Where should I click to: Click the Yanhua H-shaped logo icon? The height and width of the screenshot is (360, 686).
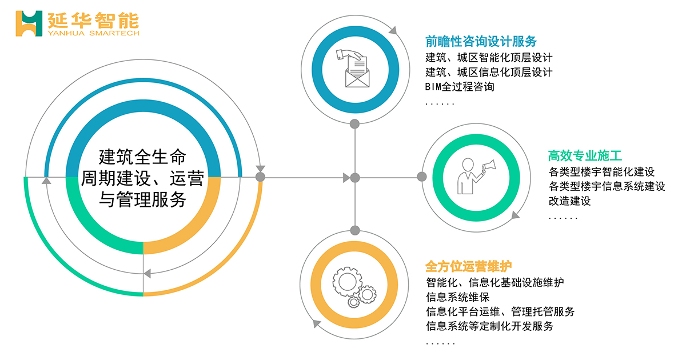point(29,23)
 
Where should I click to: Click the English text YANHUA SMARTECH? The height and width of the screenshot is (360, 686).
point(93,33)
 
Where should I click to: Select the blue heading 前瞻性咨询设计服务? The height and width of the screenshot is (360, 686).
point(481,41)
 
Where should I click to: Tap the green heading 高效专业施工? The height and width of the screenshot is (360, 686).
point(585,155)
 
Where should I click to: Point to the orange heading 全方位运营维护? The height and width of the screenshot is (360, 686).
point(469,266)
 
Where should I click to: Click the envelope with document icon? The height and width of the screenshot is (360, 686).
point(355,69)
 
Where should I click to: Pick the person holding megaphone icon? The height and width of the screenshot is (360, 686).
point(476,177)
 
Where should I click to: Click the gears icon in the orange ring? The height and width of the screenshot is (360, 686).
point(354,287)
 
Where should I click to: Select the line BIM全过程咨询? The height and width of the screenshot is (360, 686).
point(460,87)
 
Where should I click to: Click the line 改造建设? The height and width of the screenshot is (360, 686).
point(569,201)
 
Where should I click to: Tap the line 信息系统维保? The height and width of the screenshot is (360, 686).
point(458,297)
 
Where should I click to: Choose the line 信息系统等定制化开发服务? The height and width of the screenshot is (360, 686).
point(489,326)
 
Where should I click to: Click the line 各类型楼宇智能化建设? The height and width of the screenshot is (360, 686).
point(601,172)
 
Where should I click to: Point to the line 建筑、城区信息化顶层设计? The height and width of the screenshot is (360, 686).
point(489,72)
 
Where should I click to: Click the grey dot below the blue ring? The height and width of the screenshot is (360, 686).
point(354,124)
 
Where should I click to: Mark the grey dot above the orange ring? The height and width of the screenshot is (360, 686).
point(354,230)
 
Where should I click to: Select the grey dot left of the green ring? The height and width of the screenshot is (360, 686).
point(422,177)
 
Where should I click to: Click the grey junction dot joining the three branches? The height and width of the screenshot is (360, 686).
point(354,178)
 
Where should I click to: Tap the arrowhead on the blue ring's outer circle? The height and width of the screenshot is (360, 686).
point(393,30)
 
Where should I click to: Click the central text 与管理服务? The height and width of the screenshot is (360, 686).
point(143,199)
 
